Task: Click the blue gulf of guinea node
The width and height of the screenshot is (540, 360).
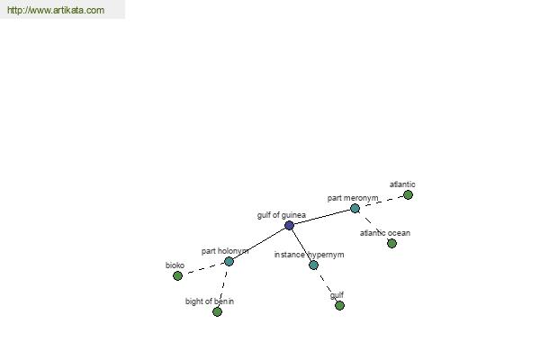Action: pyautogui.click(x=289, y=226)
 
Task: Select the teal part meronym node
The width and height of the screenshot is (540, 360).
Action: pyautogui.click(x=355, y=209)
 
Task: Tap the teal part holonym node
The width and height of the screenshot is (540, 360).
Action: pyautogui.click(x=229, y=262)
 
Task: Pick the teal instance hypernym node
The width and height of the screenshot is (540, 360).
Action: pyautogui.click(x=313, y=265)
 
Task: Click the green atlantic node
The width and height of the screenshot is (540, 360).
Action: pyautogui.click(x=408, y=195)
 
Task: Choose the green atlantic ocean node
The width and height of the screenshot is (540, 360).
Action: pyautogui.click(x=391, y=244)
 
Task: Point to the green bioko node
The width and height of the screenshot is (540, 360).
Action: pyautogui.click(x=177, y=275)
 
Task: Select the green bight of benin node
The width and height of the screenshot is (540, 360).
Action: pyautogui.click(x=217, y=311)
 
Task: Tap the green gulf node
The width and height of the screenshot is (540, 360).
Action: pyautogui.click(x=339, y=306)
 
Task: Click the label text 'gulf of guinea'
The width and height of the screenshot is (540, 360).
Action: pyautogui.click(x=282, y=215)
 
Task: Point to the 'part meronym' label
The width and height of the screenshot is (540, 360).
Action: pyautogui.click(x=353, y=198)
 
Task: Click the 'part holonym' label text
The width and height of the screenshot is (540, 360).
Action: pyautogui.click(x=225, y=251)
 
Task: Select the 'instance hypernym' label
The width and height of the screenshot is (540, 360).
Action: pyautogui.click(x=309, y=255)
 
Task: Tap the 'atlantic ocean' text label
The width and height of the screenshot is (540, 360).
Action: pyautogui.click(x=385, y=233)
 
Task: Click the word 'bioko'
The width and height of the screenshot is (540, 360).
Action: pyautogui.click(x=175, y=265)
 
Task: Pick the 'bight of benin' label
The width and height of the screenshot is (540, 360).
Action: pyautogui.click(x=210, y=301)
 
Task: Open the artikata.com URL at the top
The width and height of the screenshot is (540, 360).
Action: pyautogui.click(x=56, y=10)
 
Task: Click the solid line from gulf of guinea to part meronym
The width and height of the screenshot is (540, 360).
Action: pyautogui.click(x=322, y=217)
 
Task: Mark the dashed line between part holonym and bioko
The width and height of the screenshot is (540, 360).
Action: pyautogui.click(x=203, y=269)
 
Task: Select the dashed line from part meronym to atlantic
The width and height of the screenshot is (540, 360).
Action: pyautogui.click(x=382, y=202)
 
